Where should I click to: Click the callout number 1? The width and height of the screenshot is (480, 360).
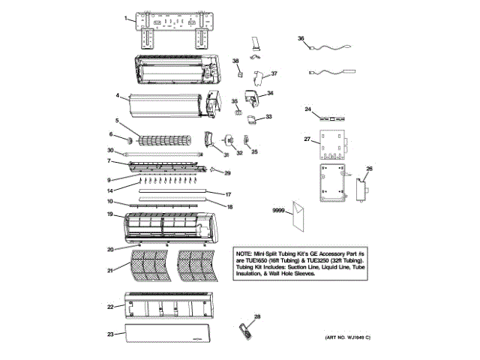point(126,16)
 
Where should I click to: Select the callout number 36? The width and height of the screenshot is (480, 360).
point(301,38)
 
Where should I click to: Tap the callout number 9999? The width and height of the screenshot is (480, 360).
point(279,213)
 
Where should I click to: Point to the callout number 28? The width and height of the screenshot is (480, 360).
point(257,318)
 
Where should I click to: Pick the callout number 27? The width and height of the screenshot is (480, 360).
point(307,139)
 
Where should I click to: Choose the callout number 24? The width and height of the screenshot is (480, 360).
point(307,109)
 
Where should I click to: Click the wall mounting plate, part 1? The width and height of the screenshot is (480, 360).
point(172,31)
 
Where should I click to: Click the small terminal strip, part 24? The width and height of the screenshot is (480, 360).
point(333,118)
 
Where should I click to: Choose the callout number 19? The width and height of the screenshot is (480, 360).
point(109,215)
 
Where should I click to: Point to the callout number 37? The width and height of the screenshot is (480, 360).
point(274,73)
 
